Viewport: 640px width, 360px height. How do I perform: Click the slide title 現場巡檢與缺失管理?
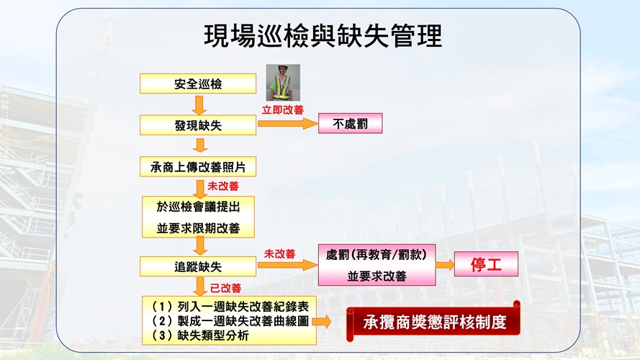pyautogui.click(x=323, y=36)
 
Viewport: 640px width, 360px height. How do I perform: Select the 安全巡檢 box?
pyautogui.click(x=198, y=84)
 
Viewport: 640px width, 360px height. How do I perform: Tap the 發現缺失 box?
pyautogui.click(x=198, y=125)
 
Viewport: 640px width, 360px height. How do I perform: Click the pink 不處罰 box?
pyautogui.click(x=350, y=123)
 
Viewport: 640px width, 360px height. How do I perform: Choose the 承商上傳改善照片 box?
pyautogui.click(x=198, y=166)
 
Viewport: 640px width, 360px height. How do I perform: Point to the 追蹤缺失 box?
pyautogui.click(x=198, y=266)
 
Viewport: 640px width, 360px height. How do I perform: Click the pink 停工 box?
pyautogui.click(x=486, y=264)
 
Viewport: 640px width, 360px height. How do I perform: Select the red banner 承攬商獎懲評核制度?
pyautogui.click(x=433, y=322)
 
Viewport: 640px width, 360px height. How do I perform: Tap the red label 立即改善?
pyautogui.click(x=282, y=109)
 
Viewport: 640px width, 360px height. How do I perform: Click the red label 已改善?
pyautogui.click(x=225, y=288)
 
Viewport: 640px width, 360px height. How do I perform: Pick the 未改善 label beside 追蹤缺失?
pyautogui.click(x=279, y=254)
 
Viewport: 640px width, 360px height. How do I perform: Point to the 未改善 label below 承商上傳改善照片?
pyautogui.click(x=223, y=186)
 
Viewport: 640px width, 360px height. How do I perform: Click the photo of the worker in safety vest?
pyautogui.click(x=283, y=83)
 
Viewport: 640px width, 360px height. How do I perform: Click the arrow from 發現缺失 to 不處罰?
pyautogui.click(x=288, y=123)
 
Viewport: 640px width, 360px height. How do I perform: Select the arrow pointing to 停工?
pyautogui.click(x=445, y=264)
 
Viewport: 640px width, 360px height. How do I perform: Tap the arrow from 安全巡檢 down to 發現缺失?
pyautogui.click(x=199, y=105)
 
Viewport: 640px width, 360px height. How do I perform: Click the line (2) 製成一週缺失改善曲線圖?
pyautogui.click(x=230, y=321)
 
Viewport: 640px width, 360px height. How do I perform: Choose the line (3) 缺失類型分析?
pyautogui.click(x=199, y=336)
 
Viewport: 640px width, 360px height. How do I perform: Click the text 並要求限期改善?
pyautogui.click(x=198, y=228)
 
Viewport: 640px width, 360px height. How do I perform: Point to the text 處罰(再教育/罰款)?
pyautogui.click(x=377, y=255)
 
